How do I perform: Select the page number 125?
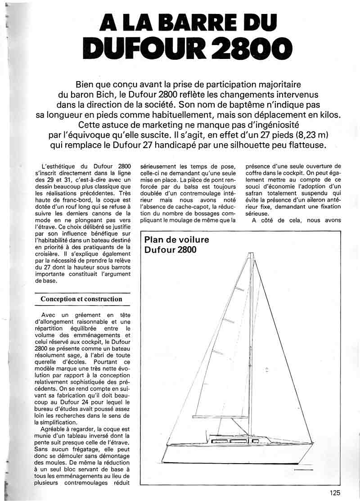coord(334,492)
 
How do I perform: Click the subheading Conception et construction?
coord(81,299)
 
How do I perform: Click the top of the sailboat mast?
coord(251,253)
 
